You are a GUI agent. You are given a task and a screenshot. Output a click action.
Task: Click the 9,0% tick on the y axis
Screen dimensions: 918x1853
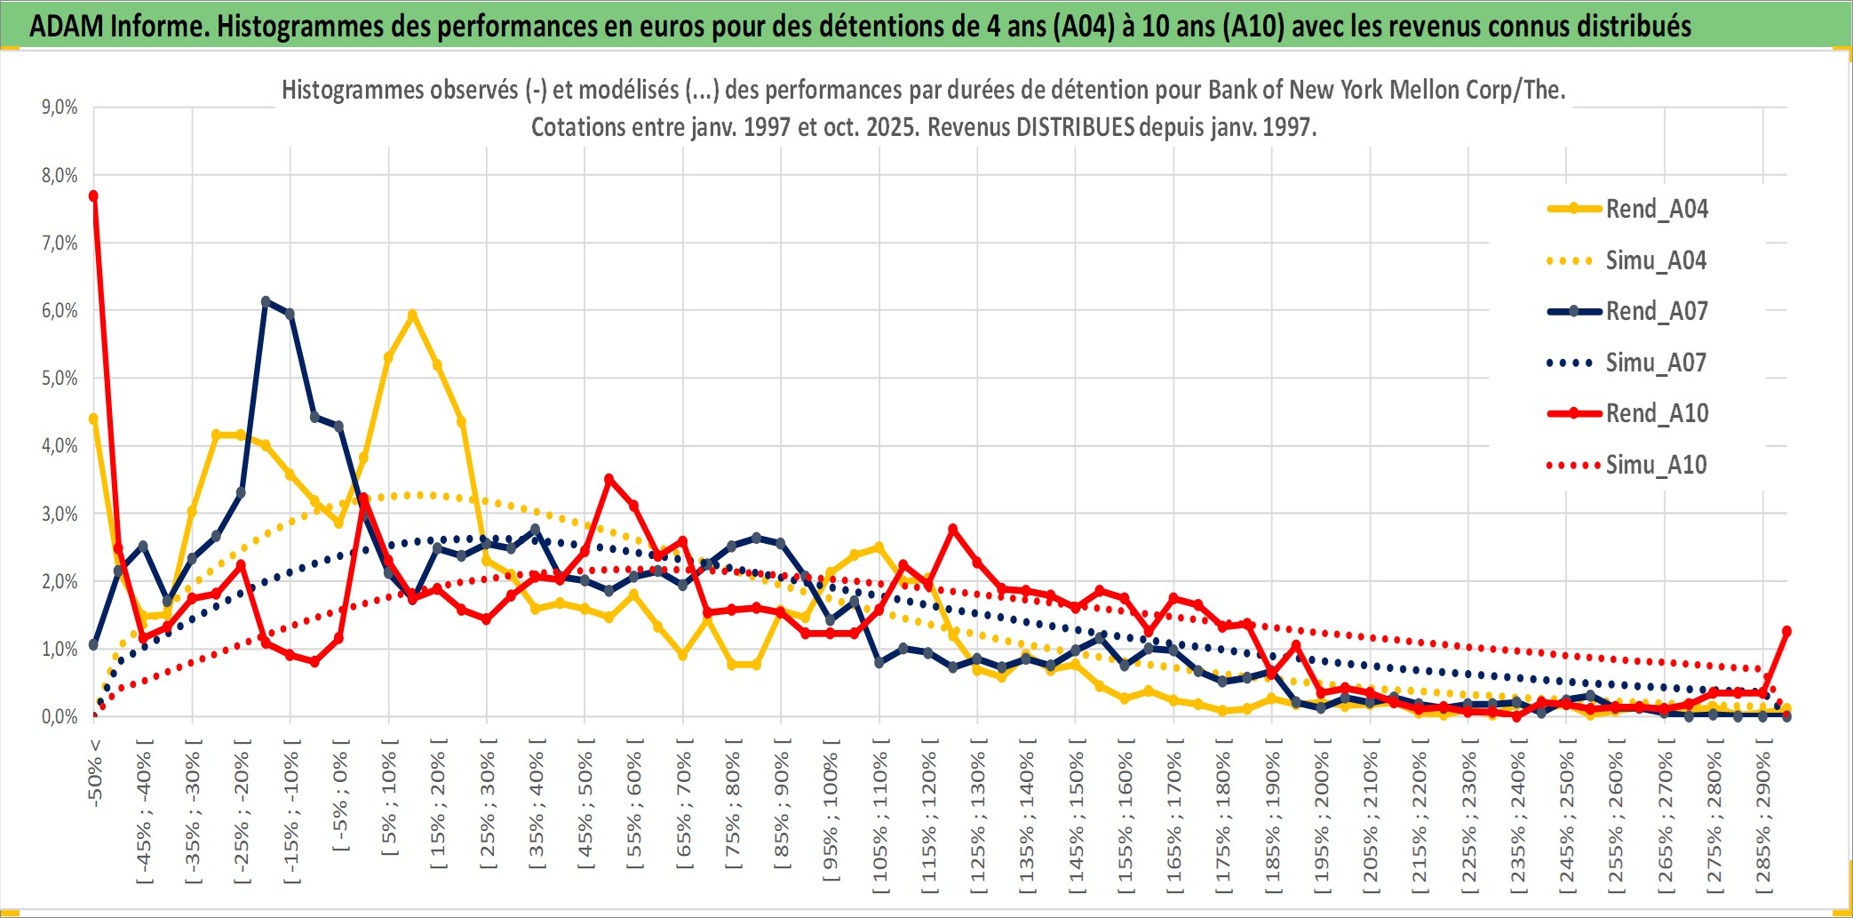point(60,108)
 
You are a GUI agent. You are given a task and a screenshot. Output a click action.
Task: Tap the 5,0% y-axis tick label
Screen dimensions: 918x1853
point(60,379)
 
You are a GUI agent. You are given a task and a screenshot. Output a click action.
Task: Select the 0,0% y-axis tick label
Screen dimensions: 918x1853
point(60,716)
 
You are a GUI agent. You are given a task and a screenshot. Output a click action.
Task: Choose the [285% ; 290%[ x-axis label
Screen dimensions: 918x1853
point(1763,817)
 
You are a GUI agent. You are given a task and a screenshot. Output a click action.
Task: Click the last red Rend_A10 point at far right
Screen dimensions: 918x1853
point(1786,631)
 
